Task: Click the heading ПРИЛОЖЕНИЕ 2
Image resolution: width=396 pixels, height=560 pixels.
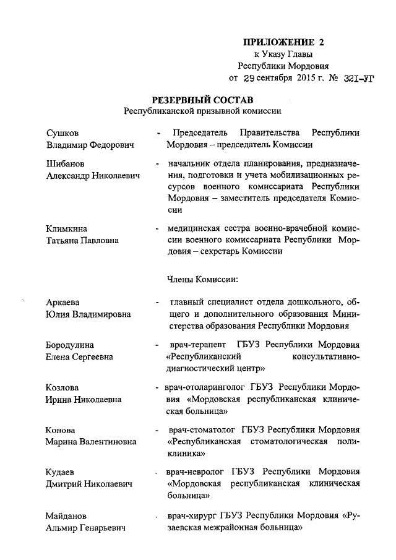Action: (283, 43)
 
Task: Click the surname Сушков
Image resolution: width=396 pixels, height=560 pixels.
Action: (62, 133)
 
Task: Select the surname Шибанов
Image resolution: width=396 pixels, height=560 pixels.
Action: (66, 164)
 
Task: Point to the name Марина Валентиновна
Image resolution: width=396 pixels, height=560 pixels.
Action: (90, 441)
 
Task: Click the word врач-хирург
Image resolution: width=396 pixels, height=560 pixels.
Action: (189, 515)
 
